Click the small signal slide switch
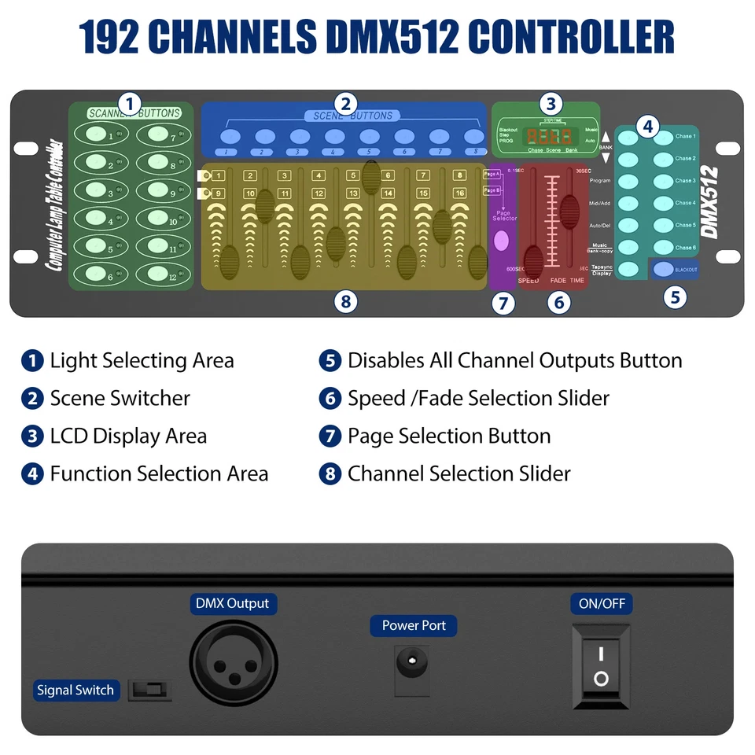150,691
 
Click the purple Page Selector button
500,241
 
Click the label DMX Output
232,604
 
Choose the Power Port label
414,626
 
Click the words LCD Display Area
128,436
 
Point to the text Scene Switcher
120,399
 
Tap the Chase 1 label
684,137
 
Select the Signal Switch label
75,691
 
